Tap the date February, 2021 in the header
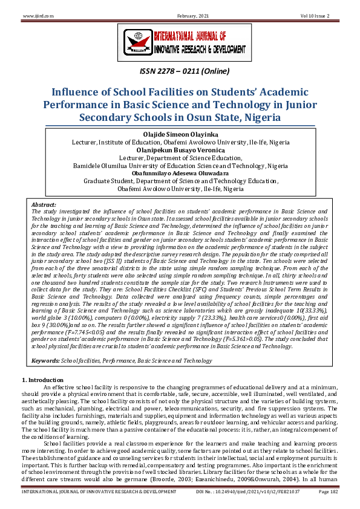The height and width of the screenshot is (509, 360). click(180, 15)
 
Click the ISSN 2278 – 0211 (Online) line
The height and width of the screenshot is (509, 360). click(180, 72)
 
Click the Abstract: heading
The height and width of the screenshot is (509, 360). click(43, 205)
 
